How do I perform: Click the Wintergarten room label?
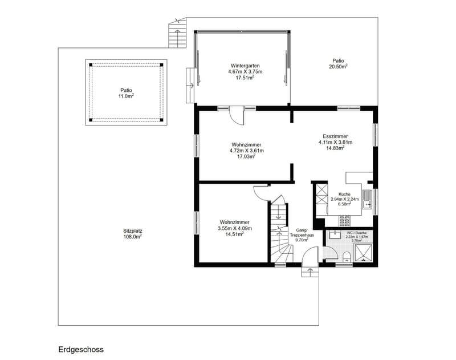click(245, 66)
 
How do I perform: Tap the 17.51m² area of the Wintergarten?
click(245, 78)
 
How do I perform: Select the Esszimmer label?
click(335, 136)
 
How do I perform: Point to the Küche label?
click(345, 194)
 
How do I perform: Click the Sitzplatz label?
click(133, 231)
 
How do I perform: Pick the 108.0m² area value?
click(133, 237)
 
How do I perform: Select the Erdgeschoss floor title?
click(81, 349)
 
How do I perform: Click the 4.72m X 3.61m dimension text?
click(247, 151)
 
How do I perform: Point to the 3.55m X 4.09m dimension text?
click(235, 228)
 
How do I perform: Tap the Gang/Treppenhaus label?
click(302, 233)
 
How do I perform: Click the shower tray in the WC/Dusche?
click(363, 253)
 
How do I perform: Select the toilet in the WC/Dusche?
click(347, 257)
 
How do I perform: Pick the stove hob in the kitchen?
click(345, 221)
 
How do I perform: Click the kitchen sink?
click(367, 199)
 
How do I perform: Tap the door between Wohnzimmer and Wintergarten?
click(237, 116)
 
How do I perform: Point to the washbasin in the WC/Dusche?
click(333, 234)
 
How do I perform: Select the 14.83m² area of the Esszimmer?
click(335, 148)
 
